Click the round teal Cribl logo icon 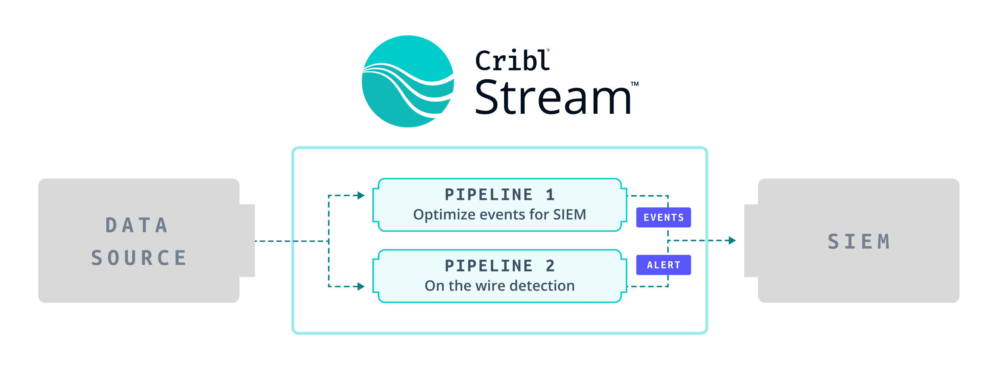(x=408, y=81)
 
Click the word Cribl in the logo (x=512, y=61)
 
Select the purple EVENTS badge (x=663, y=217)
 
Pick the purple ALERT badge (x=663, y=265)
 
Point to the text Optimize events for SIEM (x=499, y=215)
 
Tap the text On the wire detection (x=499, y=286)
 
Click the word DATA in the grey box (x=137, y=225)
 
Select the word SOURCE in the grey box (x=139, y=258)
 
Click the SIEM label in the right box (x=859, y=241)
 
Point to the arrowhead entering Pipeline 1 (x=361, y=195)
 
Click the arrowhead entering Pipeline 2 (x=361, y=287)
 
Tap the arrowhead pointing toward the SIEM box (x=732, y=241)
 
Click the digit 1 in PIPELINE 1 (x=550, y=195)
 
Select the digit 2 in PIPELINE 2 (x=550, y=266)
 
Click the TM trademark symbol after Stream (x=635, y=84)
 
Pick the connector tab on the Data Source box (x=247, y=241)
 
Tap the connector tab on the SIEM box (x=751, y=241)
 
